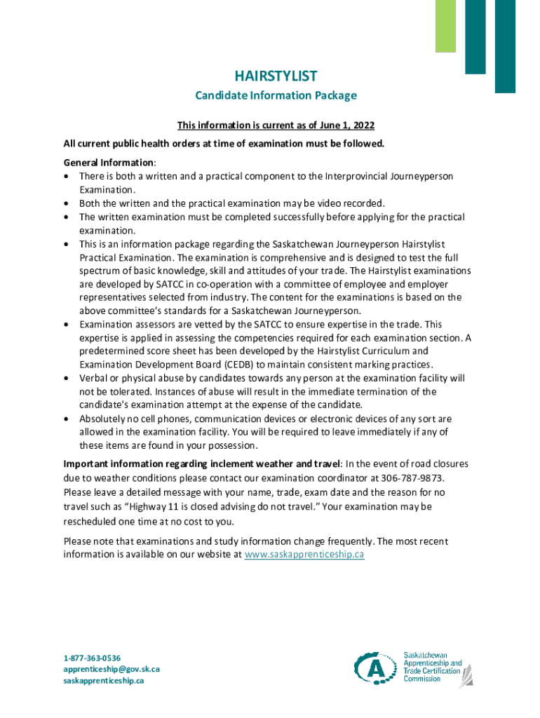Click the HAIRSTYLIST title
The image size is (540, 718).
(276, 76)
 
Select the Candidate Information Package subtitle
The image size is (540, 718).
(276, 95)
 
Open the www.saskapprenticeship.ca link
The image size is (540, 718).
(304, 555)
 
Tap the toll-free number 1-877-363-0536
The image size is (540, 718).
(92, 658)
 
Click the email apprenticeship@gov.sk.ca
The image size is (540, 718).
(112, 669)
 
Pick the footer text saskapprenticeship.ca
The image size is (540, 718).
(104, 680)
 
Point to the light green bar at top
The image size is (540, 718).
(445, 25)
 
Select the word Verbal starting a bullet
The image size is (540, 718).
(93, 378)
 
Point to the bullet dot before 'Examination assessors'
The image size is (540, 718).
(66, 325)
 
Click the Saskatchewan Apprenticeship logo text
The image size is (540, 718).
(432, 668)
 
